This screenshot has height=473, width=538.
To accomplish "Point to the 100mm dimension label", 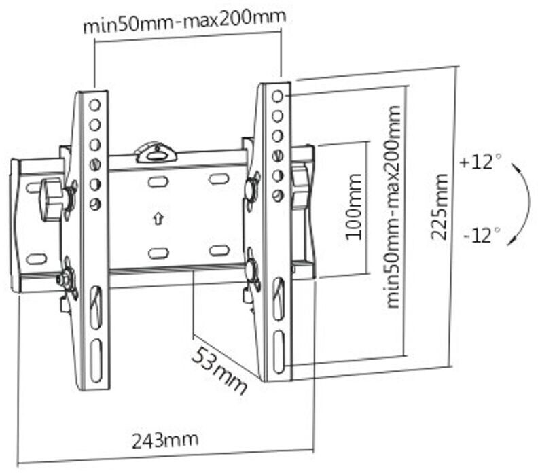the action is pos(353,213).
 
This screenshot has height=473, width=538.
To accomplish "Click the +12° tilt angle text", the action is pos(480,163).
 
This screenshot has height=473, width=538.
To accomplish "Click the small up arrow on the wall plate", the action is pos(158,219).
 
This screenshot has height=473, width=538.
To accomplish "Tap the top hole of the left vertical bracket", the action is pos(95,105).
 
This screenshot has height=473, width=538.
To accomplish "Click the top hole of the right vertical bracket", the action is pos(277,96).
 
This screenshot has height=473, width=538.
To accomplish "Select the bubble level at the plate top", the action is pos(156,152).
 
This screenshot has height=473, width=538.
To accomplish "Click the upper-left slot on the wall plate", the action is pos(158,181).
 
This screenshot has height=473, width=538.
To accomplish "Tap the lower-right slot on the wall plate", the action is pos(219,250).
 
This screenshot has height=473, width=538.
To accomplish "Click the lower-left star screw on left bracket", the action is pos(67,278).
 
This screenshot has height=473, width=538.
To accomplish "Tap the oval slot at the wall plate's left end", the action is pos(35,259).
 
